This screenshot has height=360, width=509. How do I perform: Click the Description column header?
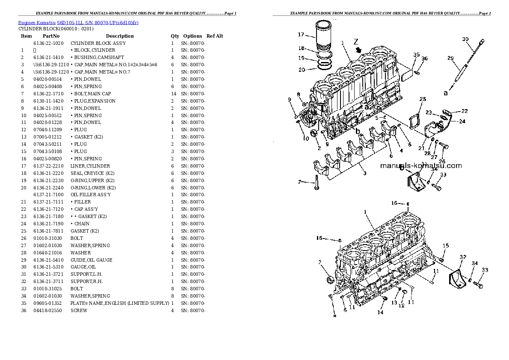click(120, 36)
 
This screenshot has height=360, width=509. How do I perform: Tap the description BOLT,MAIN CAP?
click(91, 94)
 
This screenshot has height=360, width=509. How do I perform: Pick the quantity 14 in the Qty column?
click(173, 94)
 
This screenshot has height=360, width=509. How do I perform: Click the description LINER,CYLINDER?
click(90, 166)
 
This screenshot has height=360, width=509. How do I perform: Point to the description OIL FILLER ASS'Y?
click(91, 195)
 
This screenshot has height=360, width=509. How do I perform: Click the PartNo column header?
click(50, 36)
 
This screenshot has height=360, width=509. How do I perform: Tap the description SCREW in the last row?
click(79, 310)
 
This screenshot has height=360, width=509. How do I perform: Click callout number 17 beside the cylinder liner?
click(301, 35)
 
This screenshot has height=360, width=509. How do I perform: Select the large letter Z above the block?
click(355, 41)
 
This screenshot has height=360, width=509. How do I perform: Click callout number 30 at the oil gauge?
click(465, 39)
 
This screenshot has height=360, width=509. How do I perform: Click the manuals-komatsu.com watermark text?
click(420, 166)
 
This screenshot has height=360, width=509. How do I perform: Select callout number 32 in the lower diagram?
click(462, 257)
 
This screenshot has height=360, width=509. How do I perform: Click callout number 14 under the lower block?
click(380, 312)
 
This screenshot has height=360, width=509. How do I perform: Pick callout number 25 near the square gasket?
click(423, 99)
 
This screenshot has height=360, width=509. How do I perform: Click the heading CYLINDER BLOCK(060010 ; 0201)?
click(55, 29)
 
